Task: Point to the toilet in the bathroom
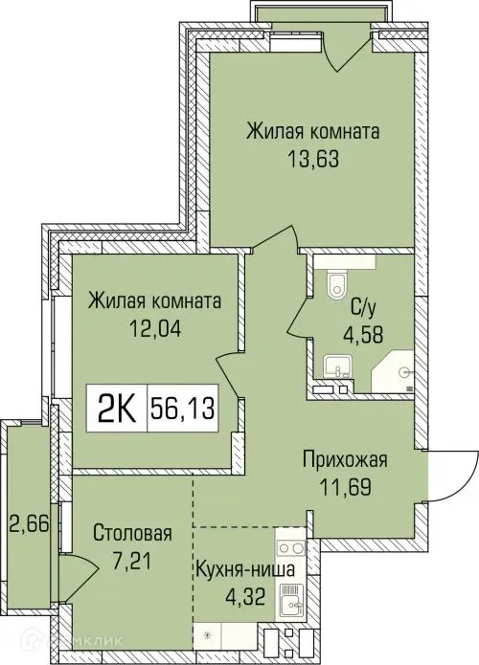335,284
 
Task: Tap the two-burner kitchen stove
291,551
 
